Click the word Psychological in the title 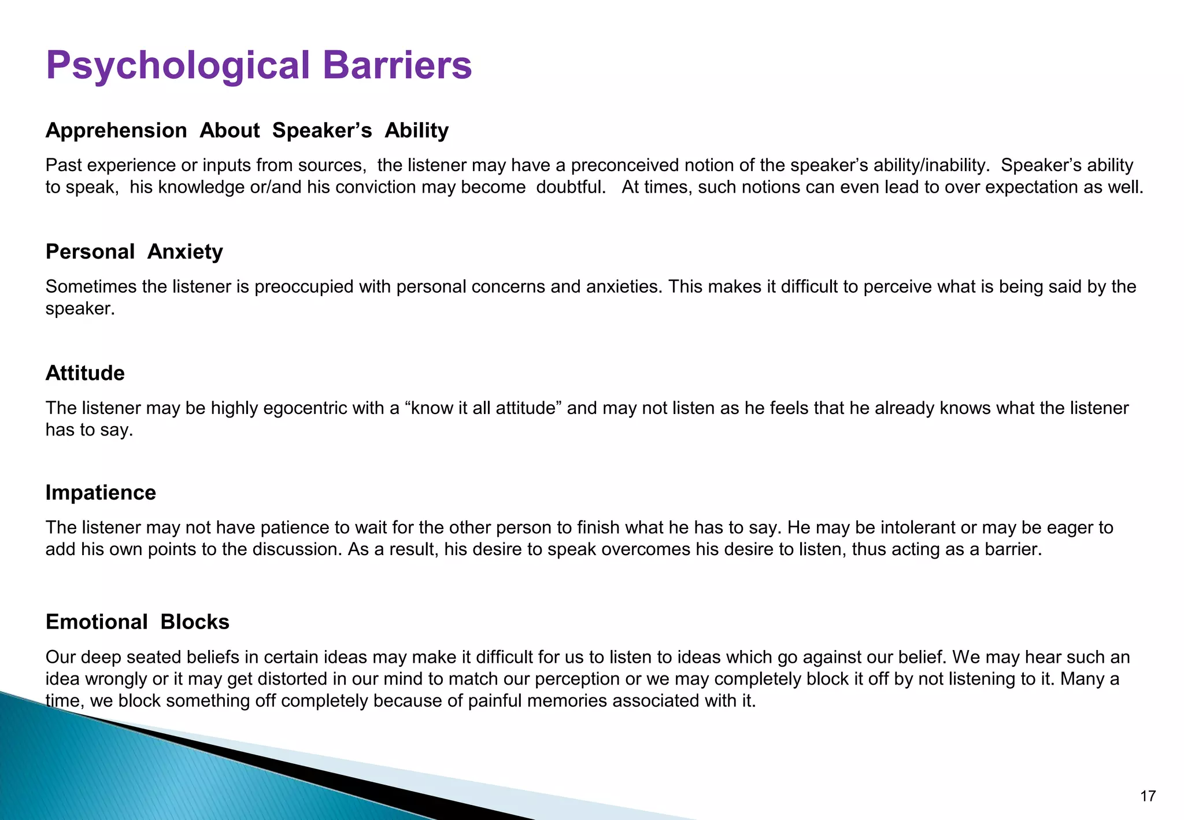[x=178, y=66]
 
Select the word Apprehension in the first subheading [x=116, y=131]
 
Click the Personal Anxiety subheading [x=134, y=252]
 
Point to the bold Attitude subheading [x=85, y=374]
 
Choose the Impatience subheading [x=101, y=493]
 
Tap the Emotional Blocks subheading [x=138, y=622]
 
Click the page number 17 [x=1148, y=796]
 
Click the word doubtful [x=570, y=187]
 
